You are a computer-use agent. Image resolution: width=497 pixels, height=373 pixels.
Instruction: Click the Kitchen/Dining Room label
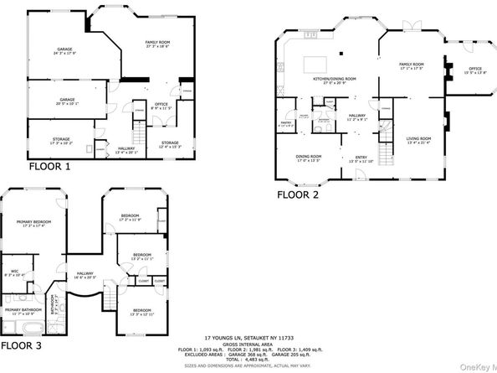pos(335,80)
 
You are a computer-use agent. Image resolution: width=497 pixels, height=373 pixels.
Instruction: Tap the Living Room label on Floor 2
pos(418,139)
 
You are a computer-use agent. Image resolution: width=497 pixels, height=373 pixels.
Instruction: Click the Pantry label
pos(284,122)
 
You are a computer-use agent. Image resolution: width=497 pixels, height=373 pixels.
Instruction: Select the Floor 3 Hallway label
pos(85,274)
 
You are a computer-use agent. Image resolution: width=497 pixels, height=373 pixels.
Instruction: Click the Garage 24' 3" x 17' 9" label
pos(65,52)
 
